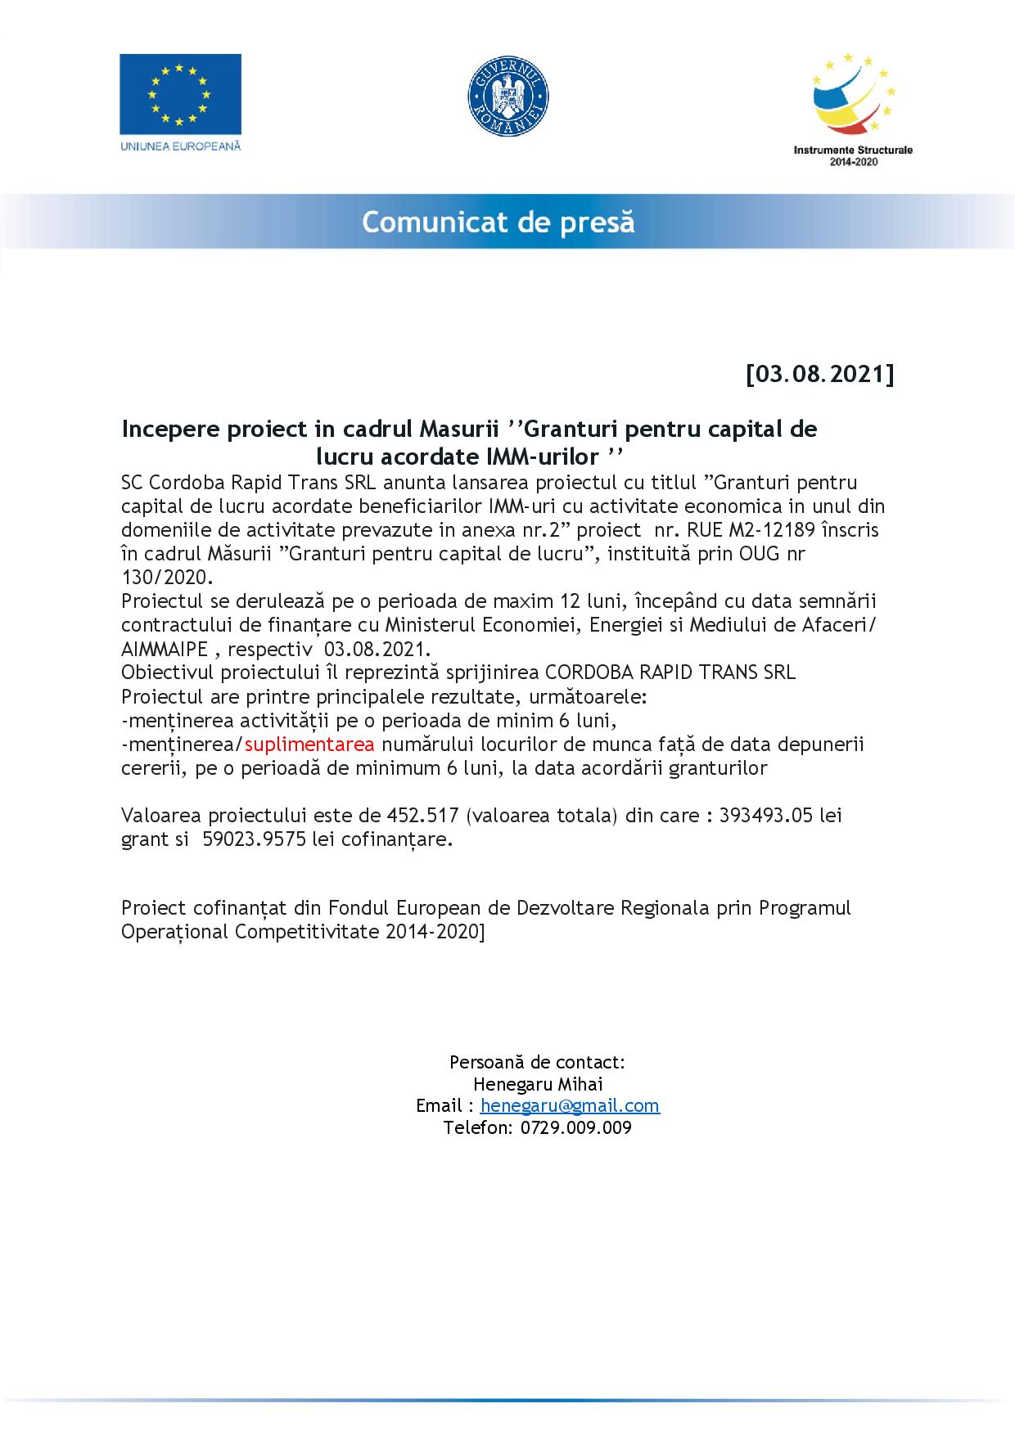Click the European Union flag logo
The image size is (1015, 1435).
point(180,94)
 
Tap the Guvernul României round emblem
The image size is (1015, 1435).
point(508,93)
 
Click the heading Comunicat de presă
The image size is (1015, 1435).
point(498,222)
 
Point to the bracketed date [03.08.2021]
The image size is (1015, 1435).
point(819,374)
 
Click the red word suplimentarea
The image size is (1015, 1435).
point(309,744)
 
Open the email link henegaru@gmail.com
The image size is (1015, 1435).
point(570,1105)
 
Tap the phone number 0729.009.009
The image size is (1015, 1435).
point(575,1127)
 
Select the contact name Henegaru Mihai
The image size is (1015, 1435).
point(538,1084)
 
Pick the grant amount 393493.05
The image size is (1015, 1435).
point(769,816)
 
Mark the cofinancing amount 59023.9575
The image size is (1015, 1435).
point(252,839)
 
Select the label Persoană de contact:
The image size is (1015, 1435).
point(538,1062)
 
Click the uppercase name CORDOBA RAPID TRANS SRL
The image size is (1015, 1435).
point(670,673)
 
